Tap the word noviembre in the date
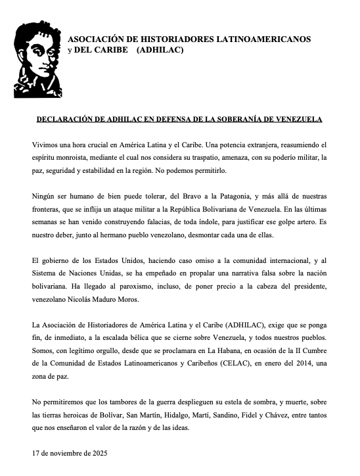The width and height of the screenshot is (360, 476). pyautogui.click(x=63, y=453)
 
